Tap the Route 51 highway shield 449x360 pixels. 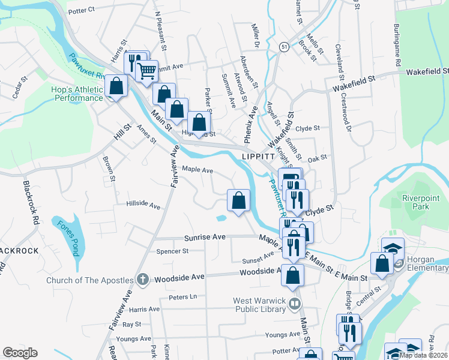click(x=283, y=46)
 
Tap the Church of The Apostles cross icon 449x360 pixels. click(x=143, y=280)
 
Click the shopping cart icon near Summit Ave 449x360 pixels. click(x=146, y=71)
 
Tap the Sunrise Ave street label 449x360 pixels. click(x=205, y=237)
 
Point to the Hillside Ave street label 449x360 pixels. click(x=143, y=205)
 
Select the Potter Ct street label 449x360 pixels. click(x=82, y=10)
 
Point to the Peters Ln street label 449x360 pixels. click(x=182, y=296)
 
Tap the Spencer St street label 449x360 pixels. click(x=172, y=251)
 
